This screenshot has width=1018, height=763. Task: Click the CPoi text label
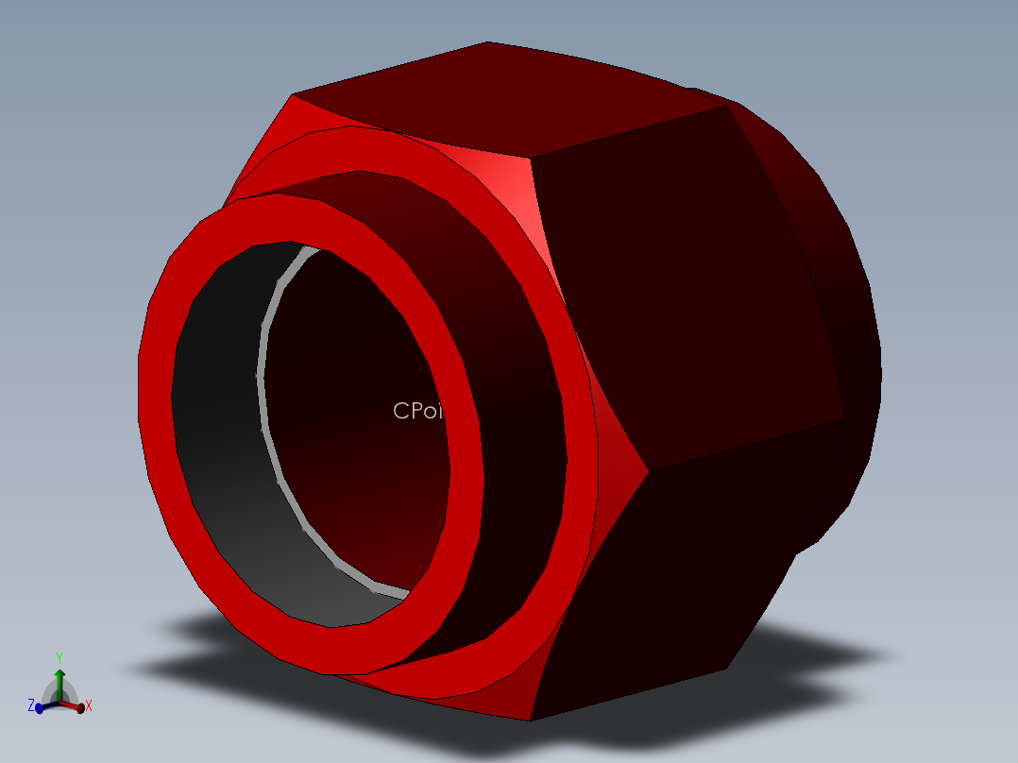416,411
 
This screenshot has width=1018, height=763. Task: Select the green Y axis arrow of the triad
59,682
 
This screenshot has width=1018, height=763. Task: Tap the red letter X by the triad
89,705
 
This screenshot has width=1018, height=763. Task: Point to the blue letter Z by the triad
31,705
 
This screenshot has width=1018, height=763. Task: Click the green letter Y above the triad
59,657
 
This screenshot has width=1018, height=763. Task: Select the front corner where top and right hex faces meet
531,159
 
